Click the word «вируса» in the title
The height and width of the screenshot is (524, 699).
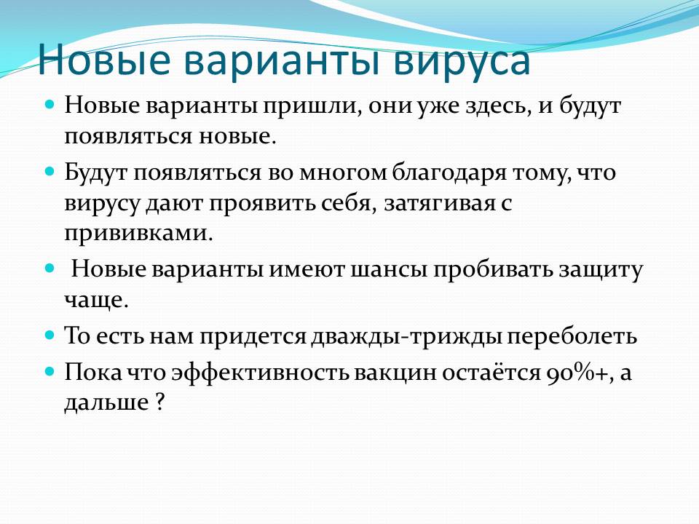pyautogui.click(x=462, y=61)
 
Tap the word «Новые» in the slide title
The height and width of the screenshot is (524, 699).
pyautogui.click(x=103, y=58)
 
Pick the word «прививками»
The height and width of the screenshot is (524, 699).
pyautogui.click(x=138, y=234)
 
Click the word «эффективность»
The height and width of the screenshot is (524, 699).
pyautogui.click(x=260, y=373)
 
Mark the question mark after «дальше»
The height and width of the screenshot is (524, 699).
pyautogui.click(x=160, y=402)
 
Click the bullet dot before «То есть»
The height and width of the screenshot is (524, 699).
pyautogui.click(x=50, y=335)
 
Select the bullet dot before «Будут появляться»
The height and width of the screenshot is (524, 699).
pyautogui.click(x=50, y=171)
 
